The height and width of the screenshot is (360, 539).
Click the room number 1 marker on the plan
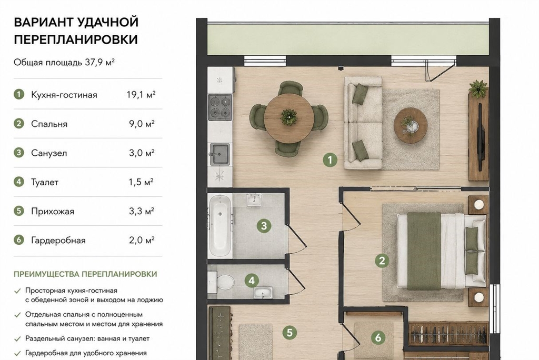330,160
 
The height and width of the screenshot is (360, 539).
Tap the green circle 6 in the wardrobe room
378,338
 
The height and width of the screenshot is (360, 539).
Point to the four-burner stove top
220,107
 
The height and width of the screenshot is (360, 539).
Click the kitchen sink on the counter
219,154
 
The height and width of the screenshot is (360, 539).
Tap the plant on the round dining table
288,117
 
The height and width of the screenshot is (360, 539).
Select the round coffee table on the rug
411,125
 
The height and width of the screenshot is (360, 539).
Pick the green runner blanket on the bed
424,252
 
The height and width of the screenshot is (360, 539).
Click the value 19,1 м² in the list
141,95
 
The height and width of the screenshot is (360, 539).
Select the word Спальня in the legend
49,124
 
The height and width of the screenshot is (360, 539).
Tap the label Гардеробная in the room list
58,241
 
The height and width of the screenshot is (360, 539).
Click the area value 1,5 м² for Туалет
141,182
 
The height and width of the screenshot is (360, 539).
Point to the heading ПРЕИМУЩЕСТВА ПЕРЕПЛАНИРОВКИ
85,274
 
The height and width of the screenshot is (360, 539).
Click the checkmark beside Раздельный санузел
17,339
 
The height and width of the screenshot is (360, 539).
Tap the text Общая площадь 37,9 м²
64,63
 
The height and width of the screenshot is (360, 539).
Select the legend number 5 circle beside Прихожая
19,211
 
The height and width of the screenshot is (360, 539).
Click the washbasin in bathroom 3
254,200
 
